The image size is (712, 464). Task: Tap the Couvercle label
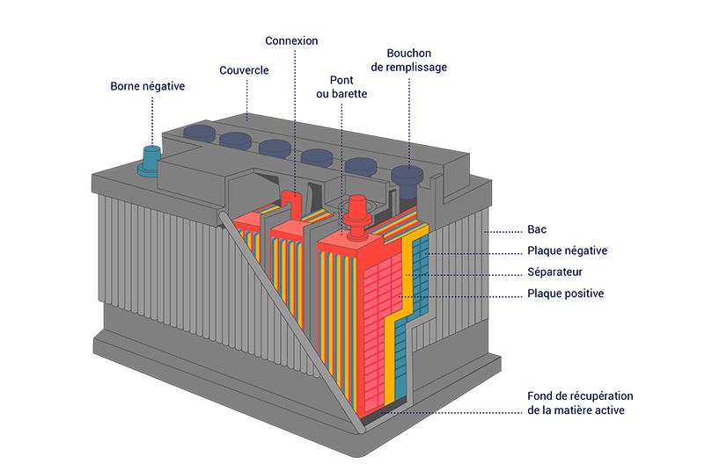coord(244,70)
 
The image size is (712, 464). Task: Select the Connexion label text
coord(291,41)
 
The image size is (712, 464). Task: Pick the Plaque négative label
coord(567,250)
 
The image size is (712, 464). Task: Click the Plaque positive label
coord(565,294)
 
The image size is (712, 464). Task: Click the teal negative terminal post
coord(150,161)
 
